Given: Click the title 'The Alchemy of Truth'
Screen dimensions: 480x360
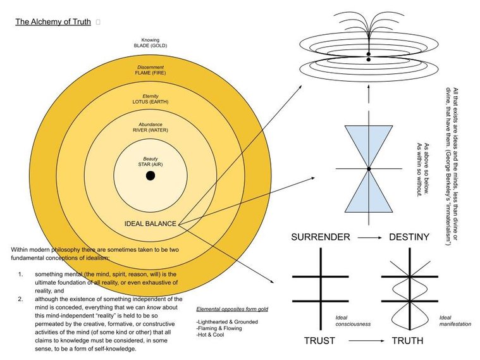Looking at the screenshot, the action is pos(53,22).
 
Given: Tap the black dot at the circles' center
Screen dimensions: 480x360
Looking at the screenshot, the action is pos(151,176).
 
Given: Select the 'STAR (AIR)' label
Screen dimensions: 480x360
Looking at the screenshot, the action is pos(151,164).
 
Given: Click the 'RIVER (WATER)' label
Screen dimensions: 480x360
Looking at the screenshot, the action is pos(151,130).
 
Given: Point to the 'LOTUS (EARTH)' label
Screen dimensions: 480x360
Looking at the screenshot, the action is pos(151,102).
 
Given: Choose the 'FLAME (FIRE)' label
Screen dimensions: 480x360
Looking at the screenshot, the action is pos(151,73).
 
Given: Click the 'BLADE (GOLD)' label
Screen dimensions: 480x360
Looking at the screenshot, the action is pos(151,46).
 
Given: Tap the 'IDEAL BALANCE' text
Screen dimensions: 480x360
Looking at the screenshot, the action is pos(151,224).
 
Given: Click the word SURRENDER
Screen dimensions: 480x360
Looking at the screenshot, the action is pos(321,237).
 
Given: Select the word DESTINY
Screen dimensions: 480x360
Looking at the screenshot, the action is pos(409,237).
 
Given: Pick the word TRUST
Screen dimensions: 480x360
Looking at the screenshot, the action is pos(319,340).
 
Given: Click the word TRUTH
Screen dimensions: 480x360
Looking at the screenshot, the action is pos(408,340).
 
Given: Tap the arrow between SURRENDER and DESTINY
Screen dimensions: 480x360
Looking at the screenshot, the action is pos(370,237).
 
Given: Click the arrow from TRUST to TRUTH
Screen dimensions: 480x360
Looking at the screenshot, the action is pos(366,340).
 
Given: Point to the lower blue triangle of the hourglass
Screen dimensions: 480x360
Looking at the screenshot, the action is pos(369,197).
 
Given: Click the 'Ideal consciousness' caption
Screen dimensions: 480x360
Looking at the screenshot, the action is pos(353,321).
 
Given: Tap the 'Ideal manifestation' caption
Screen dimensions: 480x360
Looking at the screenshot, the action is pos(455,321).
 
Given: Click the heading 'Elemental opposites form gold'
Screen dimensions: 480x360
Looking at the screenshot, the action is pos(232,309).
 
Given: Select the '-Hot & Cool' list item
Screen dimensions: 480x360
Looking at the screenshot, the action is pos(210,335).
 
